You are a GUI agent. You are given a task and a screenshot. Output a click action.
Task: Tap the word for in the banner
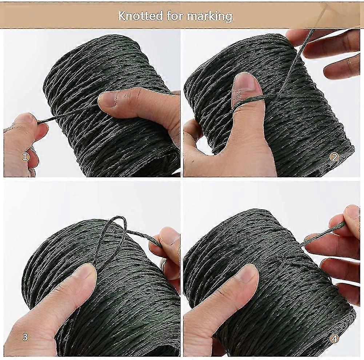(176, 16)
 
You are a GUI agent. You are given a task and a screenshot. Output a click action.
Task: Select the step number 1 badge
(25, 157)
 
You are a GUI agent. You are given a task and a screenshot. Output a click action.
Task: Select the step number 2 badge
(334, 157)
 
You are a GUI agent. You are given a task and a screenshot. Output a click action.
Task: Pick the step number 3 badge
(25, 337)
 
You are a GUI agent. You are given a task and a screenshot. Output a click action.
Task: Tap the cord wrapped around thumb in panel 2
(251, 99)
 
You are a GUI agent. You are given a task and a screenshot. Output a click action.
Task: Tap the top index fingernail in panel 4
(352, 212)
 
